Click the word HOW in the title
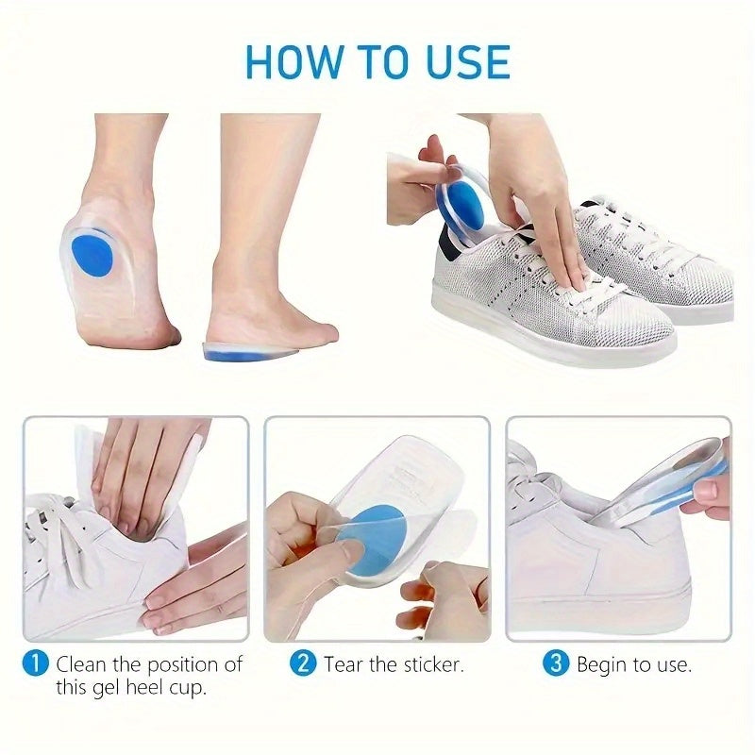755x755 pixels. coord(293,62)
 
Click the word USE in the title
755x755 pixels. coord(468,62)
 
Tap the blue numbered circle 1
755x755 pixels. coord(36,664)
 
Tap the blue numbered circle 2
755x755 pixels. coord(303,663)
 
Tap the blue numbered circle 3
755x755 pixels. coord(556,663)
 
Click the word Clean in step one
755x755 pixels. coord(81,664)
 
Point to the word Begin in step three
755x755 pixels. coord(602,666)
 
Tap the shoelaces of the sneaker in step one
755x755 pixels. coord(58,534)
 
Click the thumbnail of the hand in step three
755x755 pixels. coord(705,491)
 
